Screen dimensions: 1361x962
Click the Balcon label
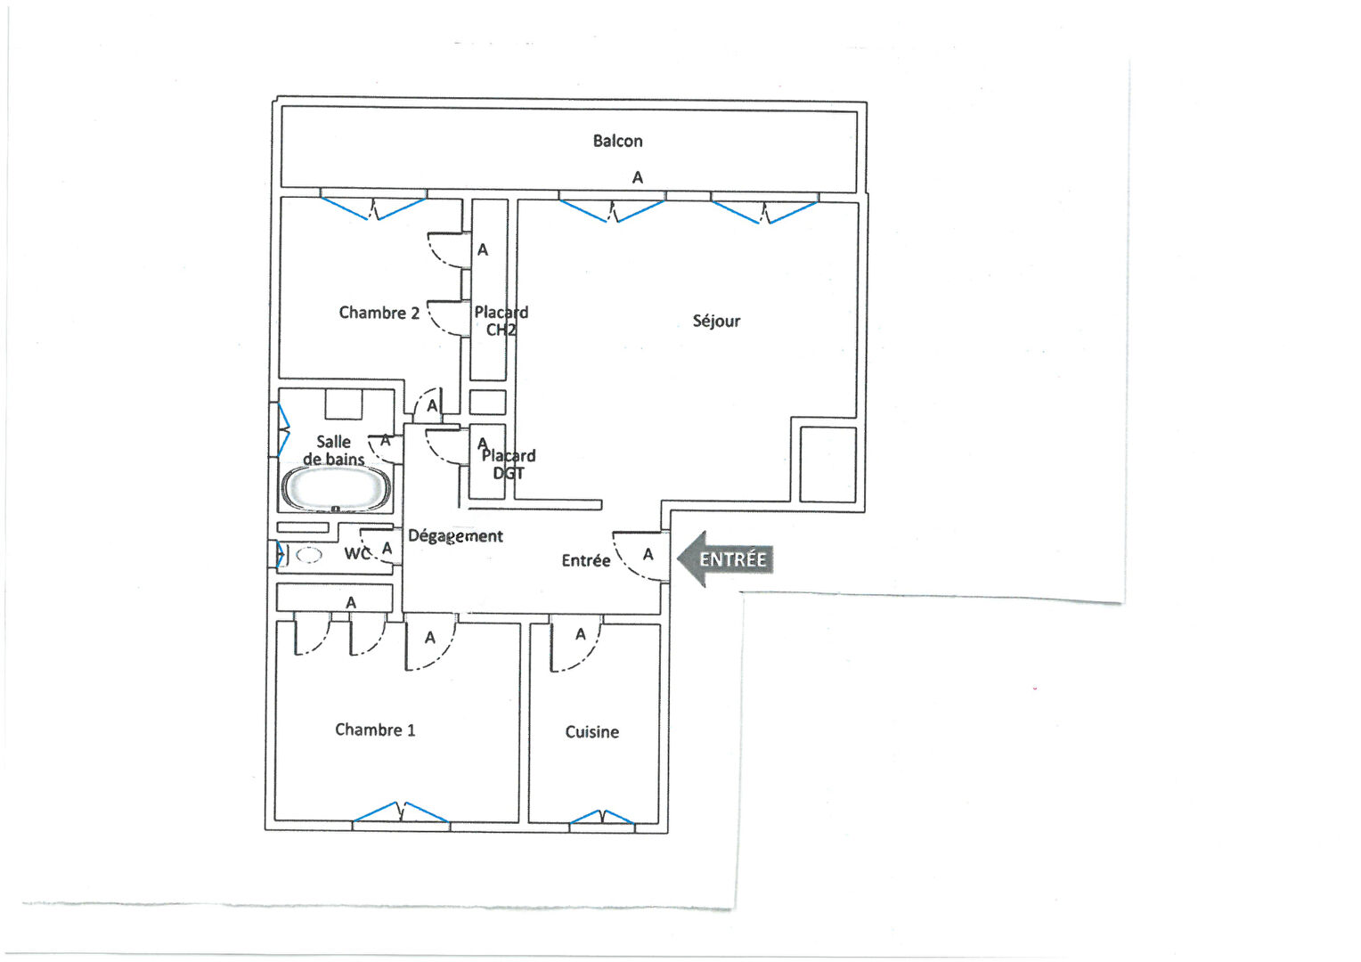[x=617, y=141]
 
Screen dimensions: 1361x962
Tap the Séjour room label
[x=716, y=321]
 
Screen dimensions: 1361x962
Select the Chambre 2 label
[x=379, y=313]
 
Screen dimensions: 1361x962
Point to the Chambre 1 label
[x=375, y=730]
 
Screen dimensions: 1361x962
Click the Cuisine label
[x=591, y=731]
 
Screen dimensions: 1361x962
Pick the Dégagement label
[x=455, y=536]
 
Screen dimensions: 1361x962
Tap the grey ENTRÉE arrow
[x=725, y=559]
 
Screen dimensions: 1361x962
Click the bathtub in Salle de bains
[x=336, y=489]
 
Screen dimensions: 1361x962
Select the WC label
[x=356, y=554]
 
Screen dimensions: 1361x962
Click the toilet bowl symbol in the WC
[x=309, y=555]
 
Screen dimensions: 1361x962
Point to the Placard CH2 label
[x=501, y=321]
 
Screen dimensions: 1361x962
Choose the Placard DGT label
[x=509, y=464]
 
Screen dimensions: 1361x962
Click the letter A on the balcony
[x=638, y=177]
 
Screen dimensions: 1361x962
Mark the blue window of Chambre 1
[x=401, y=811]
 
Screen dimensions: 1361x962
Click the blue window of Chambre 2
[x=373, y=208]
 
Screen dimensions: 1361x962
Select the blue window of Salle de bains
[x=283, y=430]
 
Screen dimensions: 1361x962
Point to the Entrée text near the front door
[x=586, y=560]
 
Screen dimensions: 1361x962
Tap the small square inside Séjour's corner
[x=828, y=465]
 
